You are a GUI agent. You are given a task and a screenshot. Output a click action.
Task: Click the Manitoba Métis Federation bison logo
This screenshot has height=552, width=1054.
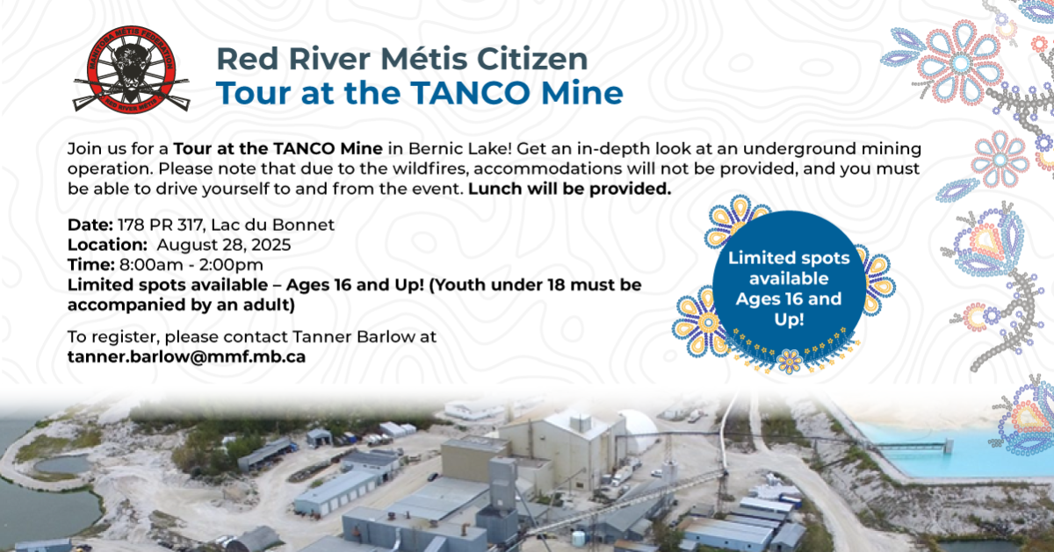pyautogui.click(x=131, y=68)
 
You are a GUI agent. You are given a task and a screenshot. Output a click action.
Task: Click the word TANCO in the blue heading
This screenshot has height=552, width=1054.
pyautogui.click(x=472, y=93)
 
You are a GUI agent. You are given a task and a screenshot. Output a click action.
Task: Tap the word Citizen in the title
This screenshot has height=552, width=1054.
pyautogui.click(x=532, y=59)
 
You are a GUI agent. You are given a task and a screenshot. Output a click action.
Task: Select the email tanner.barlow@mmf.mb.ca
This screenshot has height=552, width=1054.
pyautogui.click(x=186, y=357)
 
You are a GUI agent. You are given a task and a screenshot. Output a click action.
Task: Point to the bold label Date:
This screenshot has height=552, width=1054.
pyautogui.click(x=90, y=225)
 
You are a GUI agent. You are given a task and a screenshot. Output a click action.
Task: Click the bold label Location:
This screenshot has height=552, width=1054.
pyautogui.click(x=108, y=245)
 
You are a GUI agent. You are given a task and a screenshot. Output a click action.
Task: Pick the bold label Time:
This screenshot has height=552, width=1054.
pyautogui.click(x=91, y=265)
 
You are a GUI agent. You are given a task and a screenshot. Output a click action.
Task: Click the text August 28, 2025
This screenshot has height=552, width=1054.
pyautogui.click(x=223, y=245)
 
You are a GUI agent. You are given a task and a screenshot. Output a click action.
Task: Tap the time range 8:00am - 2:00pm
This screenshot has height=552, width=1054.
pyautogui.click(x=191, y=265)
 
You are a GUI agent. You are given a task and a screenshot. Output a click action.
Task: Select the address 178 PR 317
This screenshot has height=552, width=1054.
pyautogui.click(x=160, y=225)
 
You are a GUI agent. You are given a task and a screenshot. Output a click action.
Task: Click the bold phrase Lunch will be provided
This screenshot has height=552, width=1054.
pyautogui.click(x=569, y=189)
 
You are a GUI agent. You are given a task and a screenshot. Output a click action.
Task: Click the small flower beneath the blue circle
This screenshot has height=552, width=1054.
pyautogui.click(x=790, y=361)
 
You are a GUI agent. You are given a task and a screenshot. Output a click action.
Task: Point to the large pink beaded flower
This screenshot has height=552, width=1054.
pyautogui.click(x=961, y=63)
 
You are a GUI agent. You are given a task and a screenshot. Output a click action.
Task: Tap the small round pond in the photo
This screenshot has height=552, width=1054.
pyautogui.click(x=62, y=465)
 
